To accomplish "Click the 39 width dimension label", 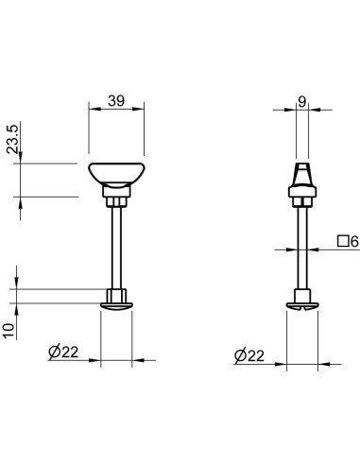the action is coord(116,101).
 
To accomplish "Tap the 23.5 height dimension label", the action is coord(13,139).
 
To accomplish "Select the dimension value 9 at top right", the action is coord(302,101).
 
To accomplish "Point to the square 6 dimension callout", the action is coord(348,242).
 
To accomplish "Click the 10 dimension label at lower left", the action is coord(9,331).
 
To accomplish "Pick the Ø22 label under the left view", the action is coord(63,353).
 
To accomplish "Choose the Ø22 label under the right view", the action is coord(249,356).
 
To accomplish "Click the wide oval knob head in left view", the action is coord(116,174).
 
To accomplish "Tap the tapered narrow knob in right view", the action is coord(302,175).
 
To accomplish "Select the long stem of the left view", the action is coord(116,248).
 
